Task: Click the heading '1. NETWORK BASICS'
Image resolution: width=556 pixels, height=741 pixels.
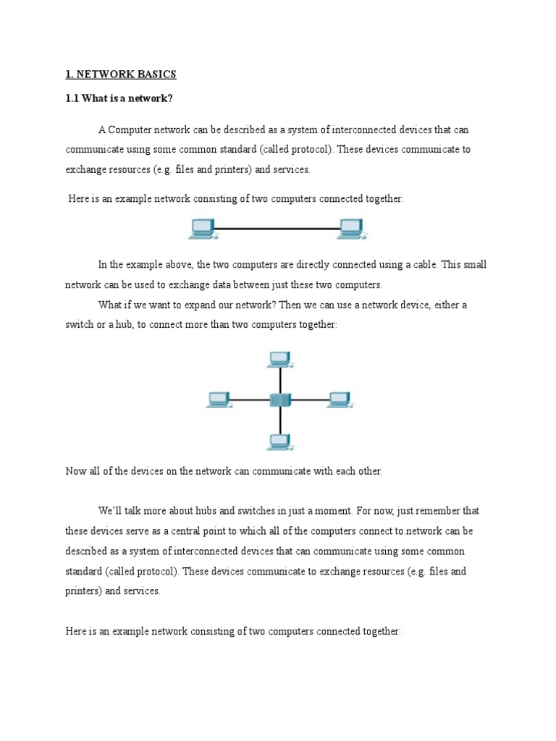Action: click(x=121, y=75)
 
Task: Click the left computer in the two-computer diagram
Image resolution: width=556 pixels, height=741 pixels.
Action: click(x=202, y=228)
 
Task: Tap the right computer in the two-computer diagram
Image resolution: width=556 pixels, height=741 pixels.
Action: click(x=352, y=228)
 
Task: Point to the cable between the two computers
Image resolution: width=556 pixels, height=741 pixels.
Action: click(x=277, y=229)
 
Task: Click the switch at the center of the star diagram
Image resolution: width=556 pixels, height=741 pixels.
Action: click(x=279, y=399)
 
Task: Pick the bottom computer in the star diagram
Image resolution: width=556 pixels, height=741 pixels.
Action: click(x=279, y=441)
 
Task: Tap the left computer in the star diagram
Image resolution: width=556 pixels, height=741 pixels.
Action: click(x=218, y=399)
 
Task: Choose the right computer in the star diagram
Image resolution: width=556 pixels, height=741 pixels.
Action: click(x=340, y=399)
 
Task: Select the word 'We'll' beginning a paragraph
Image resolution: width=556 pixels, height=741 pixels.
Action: click(x=111, y=511)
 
